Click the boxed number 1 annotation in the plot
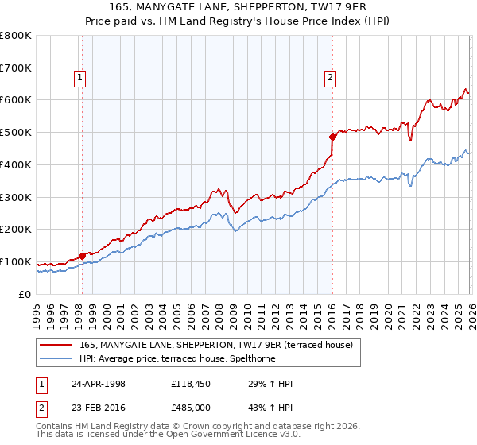tap(82, 77)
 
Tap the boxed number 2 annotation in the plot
tap(330, 77)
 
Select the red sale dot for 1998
tap(82, 256)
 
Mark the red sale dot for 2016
tap(332, 137)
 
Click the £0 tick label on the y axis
tap(25, 294)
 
